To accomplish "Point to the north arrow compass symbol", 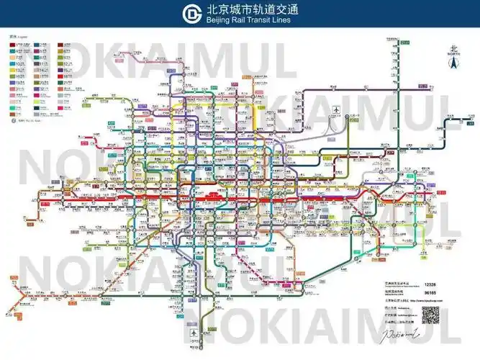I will pyautogui.click(x=453, y=63).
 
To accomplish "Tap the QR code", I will pyautogui.click(x=430, y=315).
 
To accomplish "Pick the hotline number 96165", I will pyautogui.click(x=430, y=293).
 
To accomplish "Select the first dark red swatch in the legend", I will pyautogui.click(x=13, y=45).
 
